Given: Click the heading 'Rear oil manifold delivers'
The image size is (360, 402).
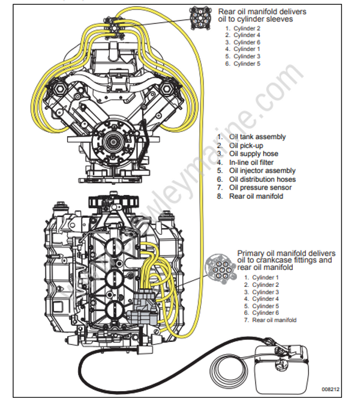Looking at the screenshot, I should (x=262, y=11).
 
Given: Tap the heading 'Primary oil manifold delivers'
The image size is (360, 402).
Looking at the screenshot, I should (x=286, y=253).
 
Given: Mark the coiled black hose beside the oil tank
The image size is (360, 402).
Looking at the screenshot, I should (x=229, y=368).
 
